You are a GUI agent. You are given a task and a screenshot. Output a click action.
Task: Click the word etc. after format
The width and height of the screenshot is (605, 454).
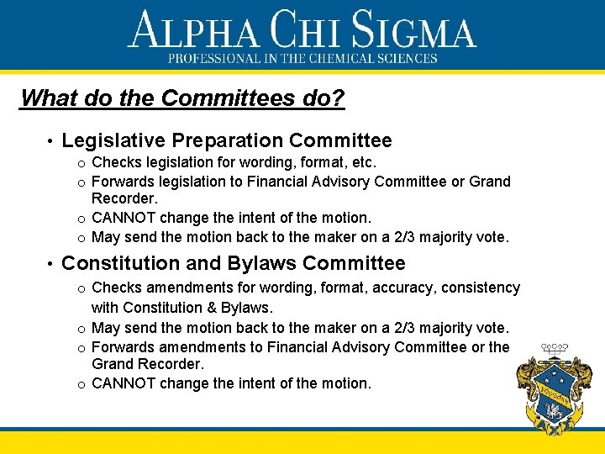click(x=364, y=162)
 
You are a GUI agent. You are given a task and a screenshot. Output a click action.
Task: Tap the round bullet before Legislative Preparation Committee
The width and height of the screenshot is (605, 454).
click(x=50, y=140)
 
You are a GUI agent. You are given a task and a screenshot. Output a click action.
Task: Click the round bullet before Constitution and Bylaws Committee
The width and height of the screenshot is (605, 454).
click(x=50, y=263)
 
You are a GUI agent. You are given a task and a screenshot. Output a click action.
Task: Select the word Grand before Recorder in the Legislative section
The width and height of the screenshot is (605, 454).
click(x=490, y=182)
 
